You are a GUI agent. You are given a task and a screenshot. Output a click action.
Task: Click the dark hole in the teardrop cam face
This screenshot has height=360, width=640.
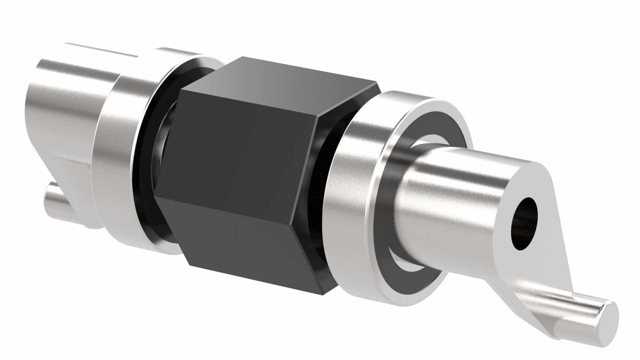[524, 223]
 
